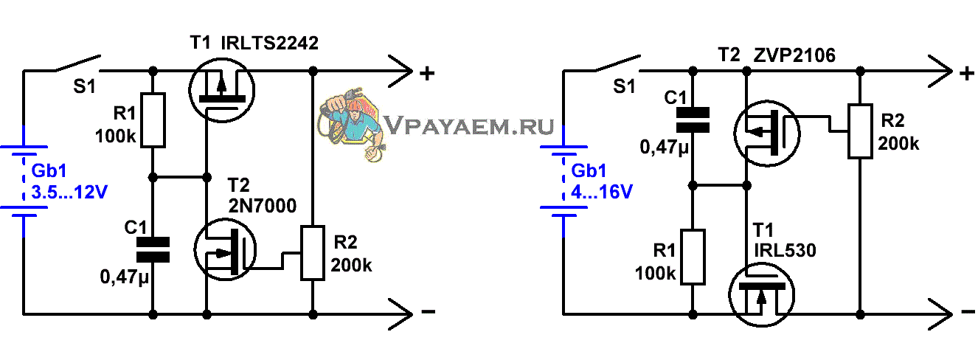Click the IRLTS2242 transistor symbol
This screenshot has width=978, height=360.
click(222, 91)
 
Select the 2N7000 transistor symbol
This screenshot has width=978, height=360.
click(225, 250)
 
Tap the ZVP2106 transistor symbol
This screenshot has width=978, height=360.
click(767, 134)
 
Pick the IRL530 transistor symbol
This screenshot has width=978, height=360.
click(761, 295)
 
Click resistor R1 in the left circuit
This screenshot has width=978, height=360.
click(153, 120)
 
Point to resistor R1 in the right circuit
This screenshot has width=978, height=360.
click(693, 257)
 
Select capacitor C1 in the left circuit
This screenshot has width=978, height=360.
click(153, 250)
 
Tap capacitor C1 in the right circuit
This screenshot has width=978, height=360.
click(693, 120)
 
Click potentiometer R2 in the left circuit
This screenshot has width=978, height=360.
click(313, 252)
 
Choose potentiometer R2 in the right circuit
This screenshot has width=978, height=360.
click(860, 131)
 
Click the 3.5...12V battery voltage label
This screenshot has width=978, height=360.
click(69, 193)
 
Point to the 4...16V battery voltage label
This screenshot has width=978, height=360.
click(602, 193)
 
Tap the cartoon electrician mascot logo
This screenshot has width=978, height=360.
click(352, 125)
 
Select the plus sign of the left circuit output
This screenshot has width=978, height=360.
click(427, 73)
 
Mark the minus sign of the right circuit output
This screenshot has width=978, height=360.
click(968, 311)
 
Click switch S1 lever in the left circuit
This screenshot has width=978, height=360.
click(77, 63)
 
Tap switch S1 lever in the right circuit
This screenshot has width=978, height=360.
click(617, 63)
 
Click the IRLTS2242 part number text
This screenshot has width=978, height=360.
click(270, 44)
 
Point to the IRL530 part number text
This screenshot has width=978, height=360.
click(785, 250)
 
